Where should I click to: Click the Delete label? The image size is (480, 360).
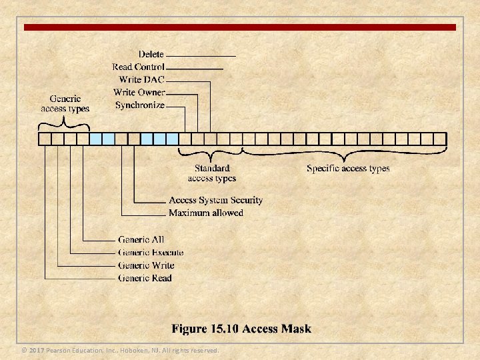coord(151,54)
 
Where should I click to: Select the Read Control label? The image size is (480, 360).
coord(139,67)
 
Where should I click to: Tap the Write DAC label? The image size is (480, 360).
coord(141,79)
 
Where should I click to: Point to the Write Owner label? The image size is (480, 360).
coord(139,92)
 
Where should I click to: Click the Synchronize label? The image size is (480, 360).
coord(139,105)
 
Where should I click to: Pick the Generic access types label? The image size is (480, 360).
coord(65,104)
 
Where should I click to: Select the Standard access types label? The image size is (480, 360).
coord(212,173)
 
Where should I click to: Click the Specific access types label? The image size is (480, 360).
coord(348,169)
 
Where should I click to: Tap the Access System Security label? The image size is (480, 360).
coord(215,200)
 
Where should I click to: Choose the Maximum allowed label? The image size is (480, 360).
coord(206,213)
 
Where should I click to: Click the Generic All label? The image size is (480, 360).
coord(141,239)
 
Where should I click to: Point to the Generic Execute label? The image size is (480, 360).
coord(151,252)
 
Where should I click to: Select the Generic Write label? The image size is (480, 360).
coord(146,265)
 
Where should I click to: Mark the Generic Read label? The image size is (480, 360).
coord(145,278)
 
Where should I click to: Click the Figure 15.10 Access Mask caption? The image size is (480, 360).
coord(241,329)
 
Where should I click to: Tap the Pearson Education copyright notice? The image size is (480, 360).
coord(120,350)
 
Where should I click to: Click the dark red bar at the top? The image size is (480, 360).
coord(240,27)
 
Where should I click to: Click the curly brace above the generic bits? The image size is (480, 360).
coord(65,123)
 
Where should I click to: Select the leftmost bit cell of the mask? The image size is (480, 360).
coord(45,139)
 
